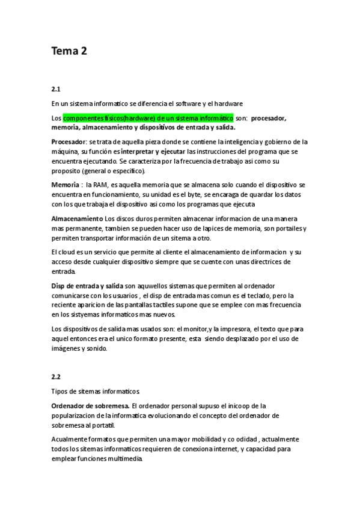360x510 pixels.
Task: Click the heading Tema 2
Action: click(x=69, y=51)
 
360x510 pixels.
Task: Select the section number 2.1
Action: click(x=56, y=88)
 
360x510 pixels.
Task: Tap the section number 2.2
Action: click(x=56, y=376)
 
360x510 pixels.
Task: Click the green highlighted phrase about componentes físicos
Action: click(x=148, y=118)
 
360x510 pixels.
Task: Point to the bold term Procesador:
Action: click(x=69, y=142)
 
